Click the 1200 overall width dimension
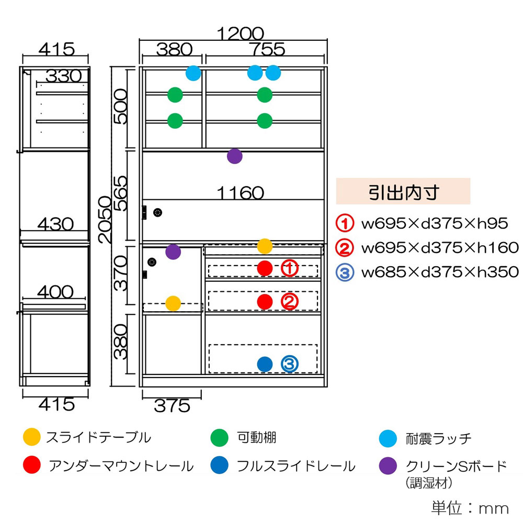[x=241, y=33]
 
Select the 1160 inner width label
[x=241, y=193]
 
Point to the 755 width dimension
[x=266, y=49]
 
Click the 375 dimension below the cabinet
[x=172, y=405]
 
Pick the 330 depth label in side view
[x=63, y=76]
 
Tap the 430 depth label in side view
[x=55, y=224]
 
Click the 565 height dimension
[x=121, y=193]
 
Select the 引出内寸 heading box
[x=403, y=191]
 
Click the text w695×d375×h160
[x=440, y=248]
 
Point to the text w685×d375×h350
[x=440, y=272]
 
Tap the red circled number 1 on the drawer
[x=290, y=268]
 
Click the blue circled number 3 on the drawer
[x=290, y=364]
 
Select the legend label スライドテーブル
[x=98, y=437]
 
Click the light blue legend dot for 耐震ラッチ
[x=387, y=438]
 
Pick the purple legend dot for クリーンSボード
[x=387, y=465]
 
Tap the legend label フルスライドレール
[x=295, y=465]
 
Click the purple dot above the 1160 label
[x=235, y=156]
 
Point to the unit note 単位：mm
[x=470, y=508]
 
